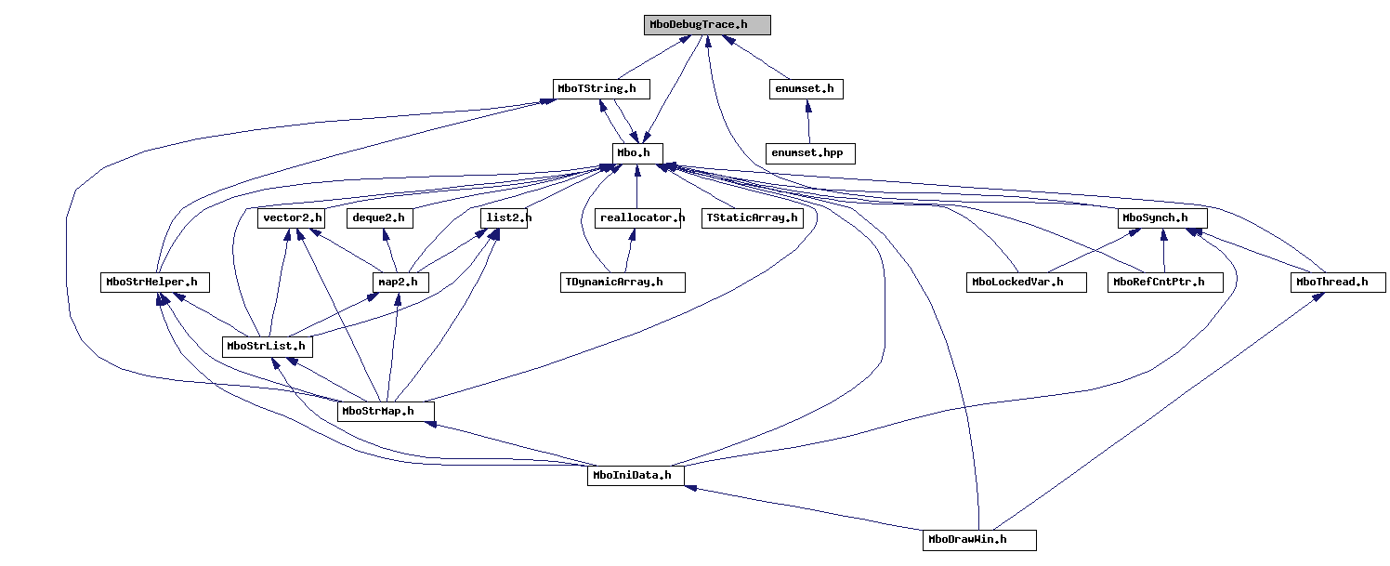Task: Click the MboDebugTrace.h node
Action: pyautogui.click(x=707, y=25)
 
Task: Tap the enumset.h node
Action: pyautogui.click(x=806, y=89)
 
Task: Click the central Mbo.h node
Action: pyautogui.click(x=637, y=153)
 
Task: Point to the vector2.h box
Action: pyautogui.click(x=292, y=218)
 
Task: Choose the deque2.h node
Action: pyautogui.click(x=380, y=218)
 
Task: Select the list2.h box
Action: pyautogui.click(x=505, y=218)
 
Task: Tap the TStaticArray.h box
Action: pyautogui.click(x=752, y=218)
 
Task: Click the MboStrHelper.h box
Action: pyautogui.click(x=155, y=283)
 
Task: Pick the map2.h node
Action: pyautogui.click(x=399, y=283)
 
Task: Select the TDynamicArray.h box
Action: pyautogui.click(x=622, y=283)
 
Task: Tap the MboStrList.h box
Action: pyautogui.click(x=267, y=347)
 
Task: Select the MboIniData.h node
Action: pyautogui.click(x=636, y=476)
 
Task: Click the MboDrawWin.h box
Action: pyautogui.click(x=979, y=540)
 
